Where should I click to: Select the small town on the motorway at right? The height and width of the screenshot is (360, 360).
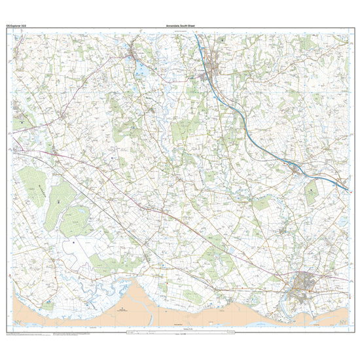point(297,171)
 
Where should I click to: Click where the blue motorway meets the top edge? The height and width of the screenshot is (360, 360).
point(194,34)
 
